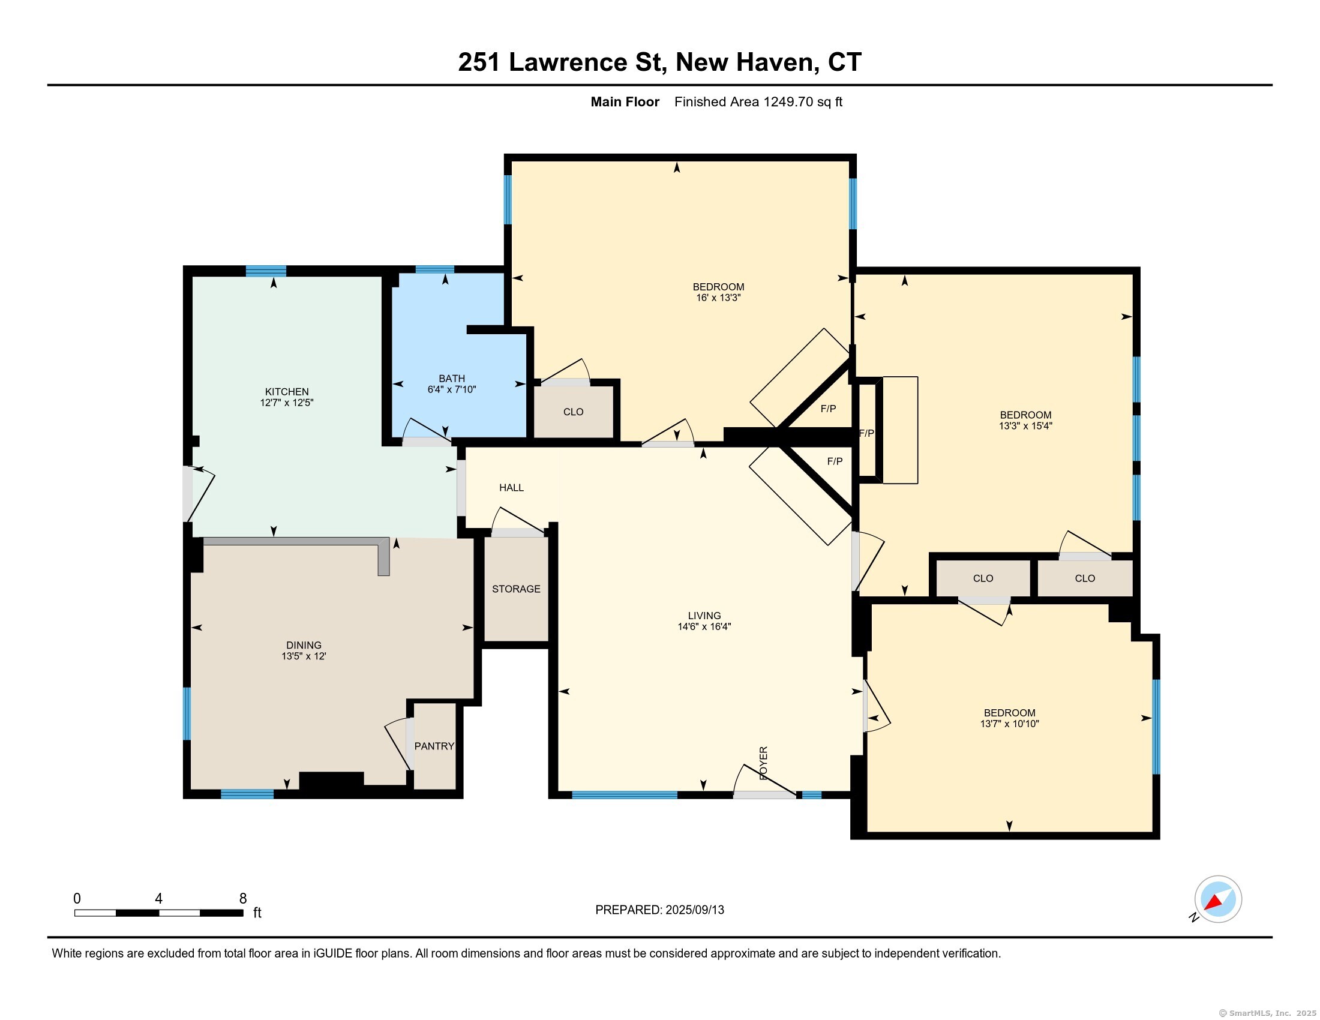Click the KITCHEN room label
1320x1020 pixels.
coord(286,392)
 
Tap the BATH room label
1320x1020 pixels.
coord(451,379)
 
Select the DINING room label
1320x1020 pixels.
coord(304,646)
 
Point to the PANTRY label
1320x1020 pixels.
coord(434,746)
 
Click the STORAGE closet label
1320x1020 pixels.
coord(516,589)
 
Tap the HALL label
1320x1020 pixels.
coord(511,488)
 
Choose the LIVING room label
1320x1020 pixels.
coord(704,616)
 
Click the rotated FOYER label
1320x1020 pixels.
coord(763,763)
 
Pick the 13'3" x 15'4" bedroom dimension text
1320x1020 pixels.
coord(1025,425)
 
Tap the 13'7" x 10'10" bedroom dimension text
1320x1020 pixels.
coord(1009,724)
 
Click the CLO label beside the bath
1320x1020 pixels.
coord(573,412)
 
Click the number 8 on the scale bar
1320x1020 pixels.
coord(243,899)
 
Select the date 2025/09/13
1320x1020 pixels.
coord(694,910)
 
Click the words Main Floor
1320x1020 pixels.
coord(625,102)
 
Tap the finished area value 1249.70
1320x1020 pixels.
coord(788,102)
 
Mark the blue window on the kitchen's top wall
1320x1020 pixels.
coord(266,271)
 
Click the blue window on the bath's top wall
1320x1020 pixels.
coord(435,269)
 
